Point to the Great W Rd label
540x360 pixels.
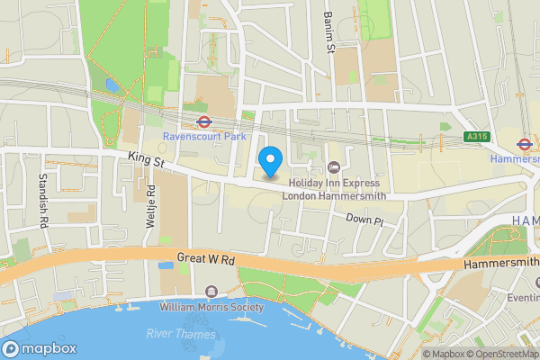206,259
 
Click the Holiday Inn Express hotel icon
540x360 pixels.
334,166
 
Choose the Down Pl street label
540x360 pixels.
365,220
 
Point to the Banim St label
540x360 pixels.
328,36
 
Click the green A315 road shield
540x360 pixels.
477,137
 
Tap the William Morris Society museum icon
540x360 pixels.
211,291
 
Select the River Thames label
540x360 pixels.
181,334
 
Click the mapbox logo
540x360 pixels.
40,348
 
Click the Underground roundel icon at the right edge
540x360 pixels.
523,143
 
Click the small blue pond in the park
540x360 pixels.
111,85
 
